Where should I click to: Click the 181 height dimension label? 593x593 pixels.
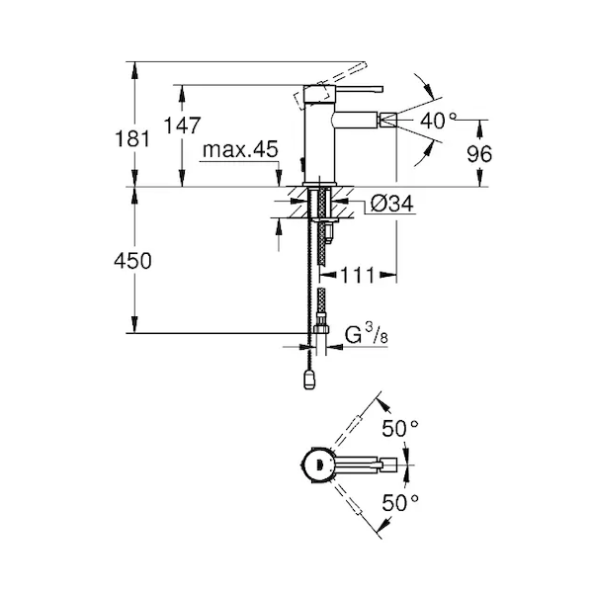132,138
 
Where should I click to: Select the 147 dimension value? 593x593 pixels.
182,126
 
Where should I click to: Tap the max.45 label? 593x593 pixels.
240,150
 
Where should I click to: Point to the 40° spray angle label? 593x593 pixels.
438,121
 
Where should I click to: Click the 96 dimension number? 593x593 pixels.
479,154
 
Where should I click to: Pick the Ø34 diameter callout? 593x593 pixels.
392,204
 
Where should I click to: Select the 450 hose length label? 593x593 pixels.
132,261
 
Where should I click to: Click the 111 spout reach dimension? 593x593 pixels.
358,275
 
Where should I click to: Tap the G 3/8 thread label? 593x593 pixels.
367,334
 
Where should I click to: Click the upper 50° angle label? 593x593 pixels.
399,429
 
